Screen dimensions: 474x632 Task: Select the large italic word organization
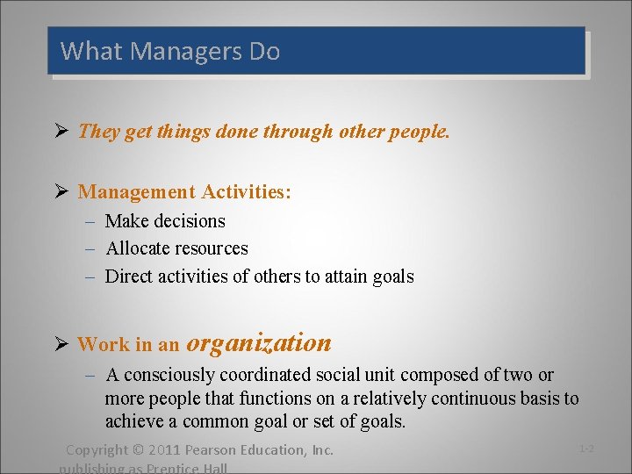[259, 343]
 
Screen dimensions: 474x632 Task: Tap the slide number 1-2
[586, 449]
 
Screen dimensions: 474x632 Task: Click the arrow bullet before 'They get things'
[61, 132]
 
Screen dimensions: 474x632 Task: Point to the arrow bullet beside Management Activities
[61, 191]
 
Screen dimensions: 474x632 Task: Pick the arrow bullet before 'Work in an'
[61, 344]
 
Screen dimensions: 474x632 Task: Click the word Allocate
[140, 248]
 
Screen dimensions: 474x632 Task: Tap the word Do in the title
[264, 52]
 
